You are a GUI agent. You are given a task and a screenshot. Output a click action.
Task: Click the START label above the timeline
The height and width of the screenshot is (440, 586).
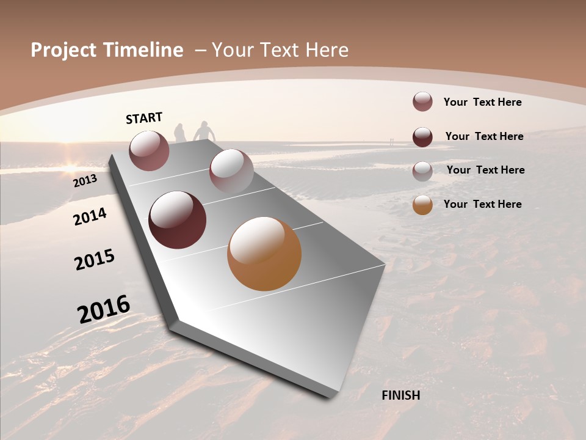coord(144,118)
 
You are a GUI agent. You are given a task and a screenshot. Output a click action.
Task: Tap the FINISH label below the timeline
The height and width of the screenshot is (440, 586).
coord(400,395)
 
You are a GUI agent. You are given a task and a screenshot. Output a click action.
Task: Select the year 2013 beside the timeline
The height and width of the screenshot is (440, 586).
coord(85,181)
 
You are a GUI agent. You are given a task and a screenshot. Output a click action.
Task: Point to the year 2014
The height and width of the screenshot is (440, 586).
coord(90,217)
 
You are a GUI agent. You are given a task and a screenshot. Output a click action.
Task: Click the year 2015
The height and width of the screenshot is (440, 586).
coord(95,260)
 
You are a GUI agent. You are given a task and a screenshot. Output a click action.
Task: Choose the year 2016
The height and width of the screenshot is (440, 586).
coord(104,309)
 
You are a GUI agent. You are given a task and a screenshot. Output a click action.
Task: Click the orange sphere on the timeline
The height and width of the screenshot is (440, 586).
coord(264,254)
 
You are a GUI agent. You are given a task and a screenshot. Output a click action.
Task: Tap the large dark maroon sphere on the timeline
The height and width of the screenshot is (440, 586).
coord(178,220)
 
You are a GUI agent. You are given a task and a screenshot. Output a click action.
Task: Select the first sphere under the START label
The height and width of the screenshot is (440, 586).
coord(149,150)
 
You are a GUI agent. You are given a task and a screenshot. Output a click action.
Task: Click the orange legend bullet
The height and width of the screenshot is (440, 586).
coord(422,205)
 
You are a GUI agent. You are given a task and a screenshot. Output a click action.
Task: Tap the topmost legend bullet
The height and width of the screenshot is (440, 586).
coord(422,101)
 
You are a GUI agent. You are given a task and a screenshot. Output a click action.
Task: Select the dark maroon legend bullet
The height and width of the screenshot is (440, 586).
coord(422,137)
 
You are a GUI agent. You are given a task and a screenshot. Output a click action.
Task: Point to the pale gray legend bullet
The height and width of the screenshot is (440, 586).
coord(422,171)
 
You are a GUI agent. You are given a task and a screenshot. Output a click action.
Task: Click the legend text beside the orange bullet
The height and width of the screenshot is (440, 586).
coord(482,204)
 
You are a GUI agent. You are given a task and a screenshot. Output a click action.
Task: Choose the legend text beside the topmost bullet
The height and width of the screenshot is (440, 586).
coord(482,102)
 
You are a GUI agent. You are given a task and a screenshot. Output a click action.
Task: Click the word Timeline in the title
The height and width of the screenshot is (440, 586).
coord(142,50)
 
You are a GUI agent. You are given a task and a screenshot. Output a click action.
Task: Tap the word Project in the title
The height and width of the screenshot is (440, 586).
coord(63,50)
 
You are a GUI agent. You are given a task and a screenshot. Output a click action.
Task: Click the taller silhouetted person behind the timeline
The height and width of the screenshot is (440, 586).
coord(204,131)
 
